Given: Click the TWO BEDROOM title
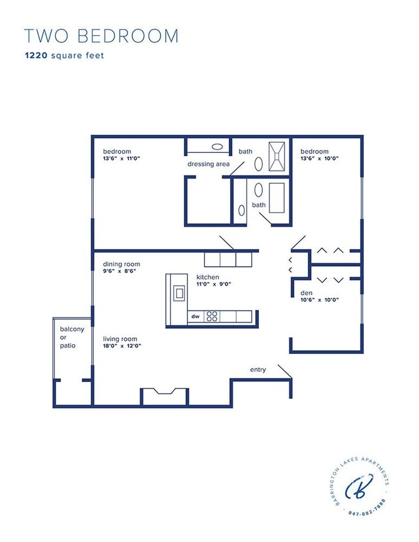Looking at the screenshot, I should click(x=101, y=36).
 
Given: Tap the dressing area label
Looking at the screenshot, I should click(x=208, y=164).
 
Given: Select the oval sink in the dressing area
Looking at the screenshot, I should click(x=218, y=146).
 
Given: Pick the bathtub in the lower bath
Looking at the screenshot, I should click(x=277, y=198).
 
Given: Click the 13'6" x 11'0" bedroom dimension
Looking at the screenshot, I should click(x=122, y=159).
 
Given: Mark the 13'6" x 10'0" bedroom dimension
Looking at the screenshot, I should click(x=319, y=159).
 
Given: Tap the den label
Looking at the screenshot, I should click(x=306, y=293).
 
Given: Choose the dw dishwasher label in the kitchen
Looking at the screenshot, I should click(x=195, y=317).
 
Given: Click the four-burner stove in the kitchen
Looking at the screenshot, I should click(x=212, y=317).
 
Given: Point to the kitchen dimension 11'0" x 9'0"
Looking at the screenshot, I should click(x=214, y=284).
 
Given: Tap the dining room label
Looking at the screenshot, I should click(x=121, y=264).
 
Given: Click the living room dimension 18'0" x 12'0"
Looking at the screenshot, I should click(x=122, y=346).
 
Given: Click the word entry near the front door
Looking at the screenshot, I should click(x=258, y=370).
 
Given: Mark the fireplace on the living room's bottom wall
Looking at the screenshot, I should click(x=164, y=396).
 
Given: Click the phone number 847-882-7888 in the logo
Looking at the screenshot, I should click(x=367, y=513).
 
